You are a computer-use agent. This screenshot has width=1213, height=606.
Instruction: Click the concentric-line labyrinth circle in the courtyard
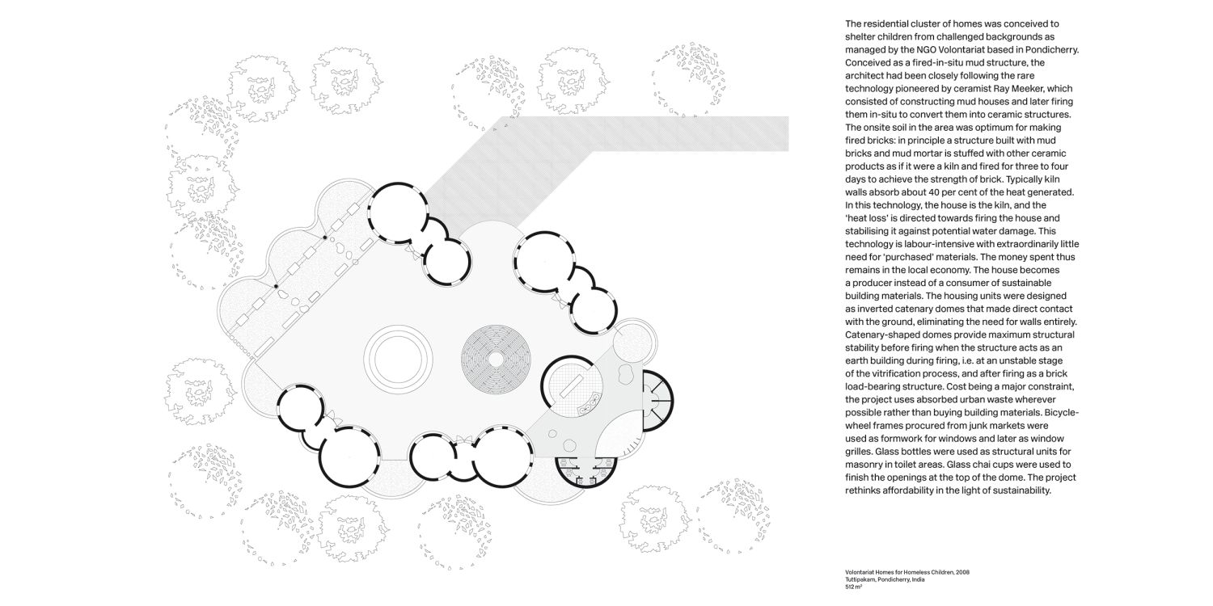pyautogui.click(x=492, y=356)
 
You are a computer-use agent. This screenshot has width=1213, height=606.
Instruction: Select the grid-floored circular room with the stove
pyautogui.click(x=573, y=386)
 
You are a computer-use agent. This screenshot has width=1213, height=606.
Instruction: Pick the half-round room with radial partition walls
pyautogui.click(x=657, y=397)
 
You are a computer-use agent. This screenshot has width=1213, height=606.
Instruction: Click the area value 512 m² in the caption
pyautogui.click(x=855, y=588)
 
